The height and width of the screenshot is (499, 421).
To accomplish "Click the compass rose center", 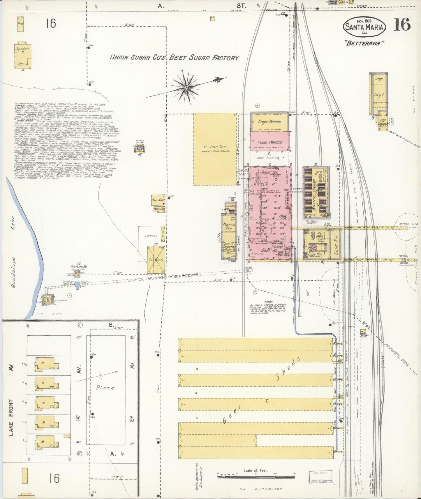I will [186, 87].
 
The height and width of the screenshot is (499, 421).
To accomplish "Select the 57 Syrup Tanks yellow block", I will [214, 149].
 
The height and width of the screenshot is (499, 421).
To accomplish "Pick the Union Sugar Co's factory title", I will [174, 58].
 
